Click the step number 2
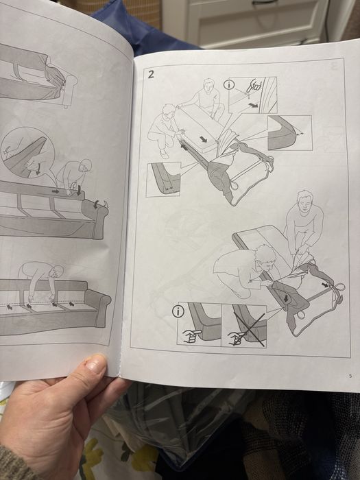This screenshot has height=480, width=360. (x=152, y=74)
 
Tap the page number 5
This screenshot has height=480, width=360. (x=350, y=376)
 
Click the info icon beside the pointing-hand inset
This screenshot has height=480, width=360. (x=228, y=84)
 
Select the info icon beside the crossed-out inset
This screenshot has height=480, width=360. (x=178, y=311)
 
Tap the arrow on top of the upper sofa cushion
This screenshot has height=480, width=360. (x=203, y=139)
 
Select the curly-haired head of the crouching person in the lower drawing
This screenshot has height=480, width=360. (x=265, y=256)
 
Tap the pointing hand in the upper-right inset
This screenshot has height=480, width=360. (x=254, y=86)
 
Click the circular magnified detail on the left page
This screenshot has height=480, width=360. (x=27, y=153)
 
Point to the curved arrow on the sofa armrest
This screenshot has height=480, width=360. (x=96, y=204)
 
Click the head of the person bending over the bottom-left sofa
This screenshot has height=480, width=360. (x=57, y=272)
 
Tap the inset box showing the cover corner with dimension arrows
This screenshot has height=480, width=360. (x=289, y=133)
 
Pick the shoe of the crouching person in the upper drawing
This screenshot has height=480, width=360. (x=164, y=154)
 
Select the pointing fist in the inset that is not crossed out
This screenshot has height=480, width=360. (x=192, y=336)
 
